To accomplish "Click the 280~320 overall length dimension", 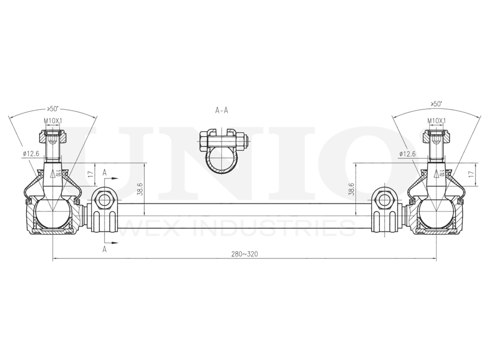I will click(244, 255).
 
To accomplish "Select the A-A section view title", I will click(221, 110).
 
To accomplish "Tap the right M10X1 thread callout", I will click(436, 121).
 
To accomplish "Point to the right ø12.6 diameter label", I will click(408, 154).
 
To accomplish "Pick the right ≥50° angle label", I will click(436, 104).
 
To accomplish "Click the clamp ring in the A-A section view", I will click(222, 162).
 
